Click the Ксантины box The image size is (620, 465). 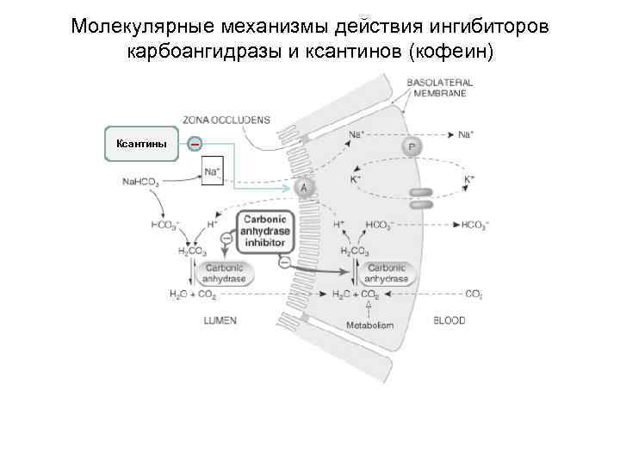(141, 144)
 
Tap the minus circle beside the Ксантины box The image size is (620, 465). (195, 144)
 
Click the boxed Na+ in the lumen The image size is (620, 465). (212, 170)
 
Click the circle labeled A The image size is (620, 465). (303, 188)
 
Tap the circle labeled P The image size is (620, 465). (412, 148)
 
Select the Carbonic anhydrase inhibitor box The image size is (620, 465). (263, 231)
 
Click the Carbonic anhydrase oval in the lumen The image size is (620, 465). (224, 274)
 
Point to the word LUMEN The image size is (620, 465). (220, 320)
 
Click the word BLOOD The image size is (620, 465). (449, 320)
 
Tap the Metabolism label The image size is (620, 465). (369, 325)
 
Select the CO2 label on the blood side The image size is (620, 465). (474, 294)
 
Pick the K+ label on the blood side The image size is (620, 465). (469, 178)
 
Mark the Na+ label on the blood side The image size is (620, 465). (465, 134)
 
